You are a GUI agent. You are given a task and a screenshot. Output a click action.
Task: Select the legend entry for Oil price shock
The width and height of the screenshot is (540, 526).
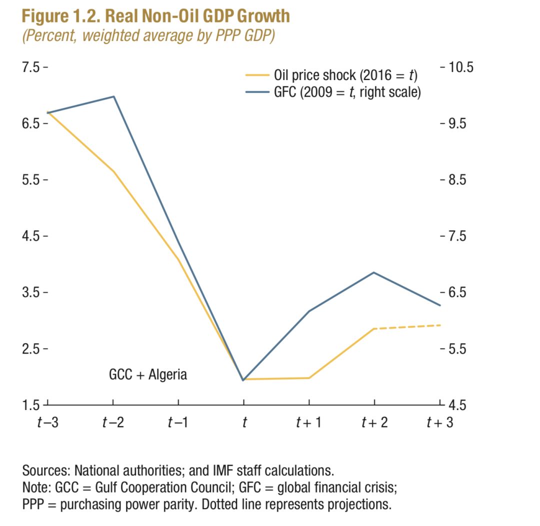tap(345, 75)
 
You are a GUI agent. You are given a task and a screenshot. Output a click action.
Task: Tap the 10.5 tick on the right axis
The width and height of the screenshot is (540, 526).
tap(455, 67)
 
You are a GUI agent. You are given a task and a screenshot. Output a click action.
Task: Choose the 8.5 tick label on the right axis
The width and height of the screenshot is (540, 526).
tap(455, 179)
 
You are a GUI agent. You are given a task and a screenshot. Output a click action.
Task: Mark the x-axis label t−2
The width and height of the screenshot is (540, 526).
tap(113, 422)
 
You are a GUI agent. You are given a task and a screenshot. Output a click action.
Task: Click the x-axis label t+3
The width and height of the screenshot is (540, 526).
tap(440, 422)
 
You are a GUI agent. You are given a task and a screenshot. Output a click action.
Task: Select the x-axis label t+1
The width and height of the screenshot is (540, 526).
tap(309, 422)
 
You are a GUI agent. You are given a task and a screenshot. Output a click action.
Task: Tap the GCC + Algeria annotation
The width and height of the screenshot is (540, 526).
tap(148, 374)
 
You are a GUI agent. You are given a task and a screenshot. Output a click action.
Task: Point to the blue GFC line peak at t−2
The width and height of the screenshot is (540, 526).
tap(114, 96)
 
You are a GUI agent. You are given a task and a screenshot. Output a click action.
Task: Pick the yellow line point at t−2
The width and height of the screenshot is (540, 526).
tap(114, 171)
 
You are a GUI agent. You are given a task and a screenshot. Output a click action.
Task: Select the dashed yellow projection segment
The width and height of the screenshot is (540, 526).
tap(407, 327)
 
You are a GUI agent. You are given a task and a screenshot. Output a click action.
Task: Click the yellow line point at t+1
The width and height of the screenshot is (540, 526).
tap(309, 378)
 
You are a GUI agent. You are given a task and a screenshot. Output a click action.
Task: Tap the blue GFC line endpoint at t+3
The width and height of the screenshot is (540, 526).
tap(440, 305)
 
